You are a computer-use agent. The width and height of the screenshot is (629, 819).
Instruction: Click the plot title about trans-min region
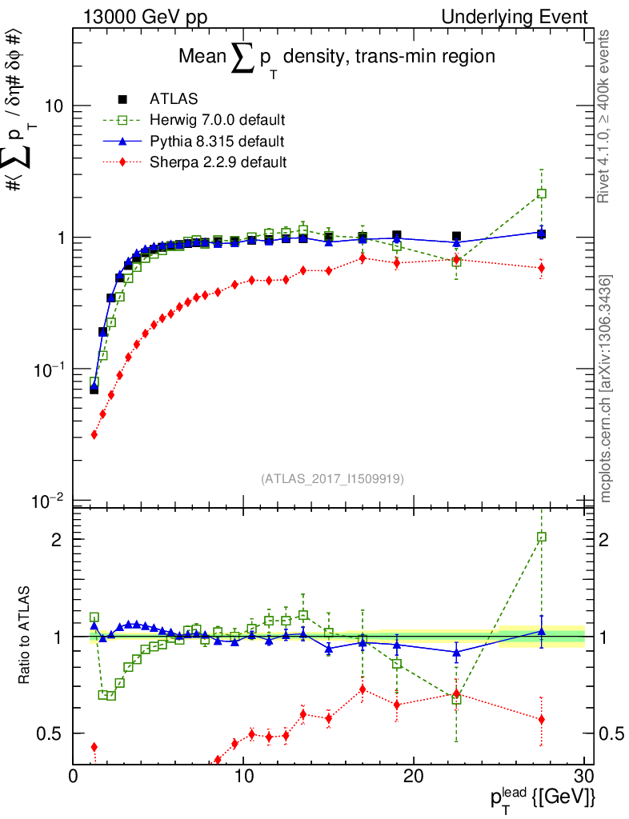click(336, 58)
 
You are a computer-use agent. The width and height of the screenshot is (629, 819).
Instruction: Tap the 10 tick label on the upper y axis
click(53, 106)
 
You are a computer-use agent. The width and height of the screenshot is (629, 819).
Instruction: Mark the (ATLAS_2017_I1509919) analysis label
click(332, 478)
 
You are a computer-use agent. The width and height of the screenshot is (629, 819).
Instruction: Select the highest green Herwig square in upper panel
click(542, 194)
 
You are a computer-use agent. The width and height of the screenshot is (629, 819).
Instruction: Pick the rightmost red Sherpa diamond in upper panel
click(542, 268)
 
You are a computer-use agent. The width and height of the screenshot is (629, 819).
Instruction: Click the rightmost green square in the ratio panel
click(542, 537)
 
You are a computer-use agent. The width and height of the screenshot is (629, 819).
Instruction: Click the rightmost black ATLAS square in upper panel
click(542, 234)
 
